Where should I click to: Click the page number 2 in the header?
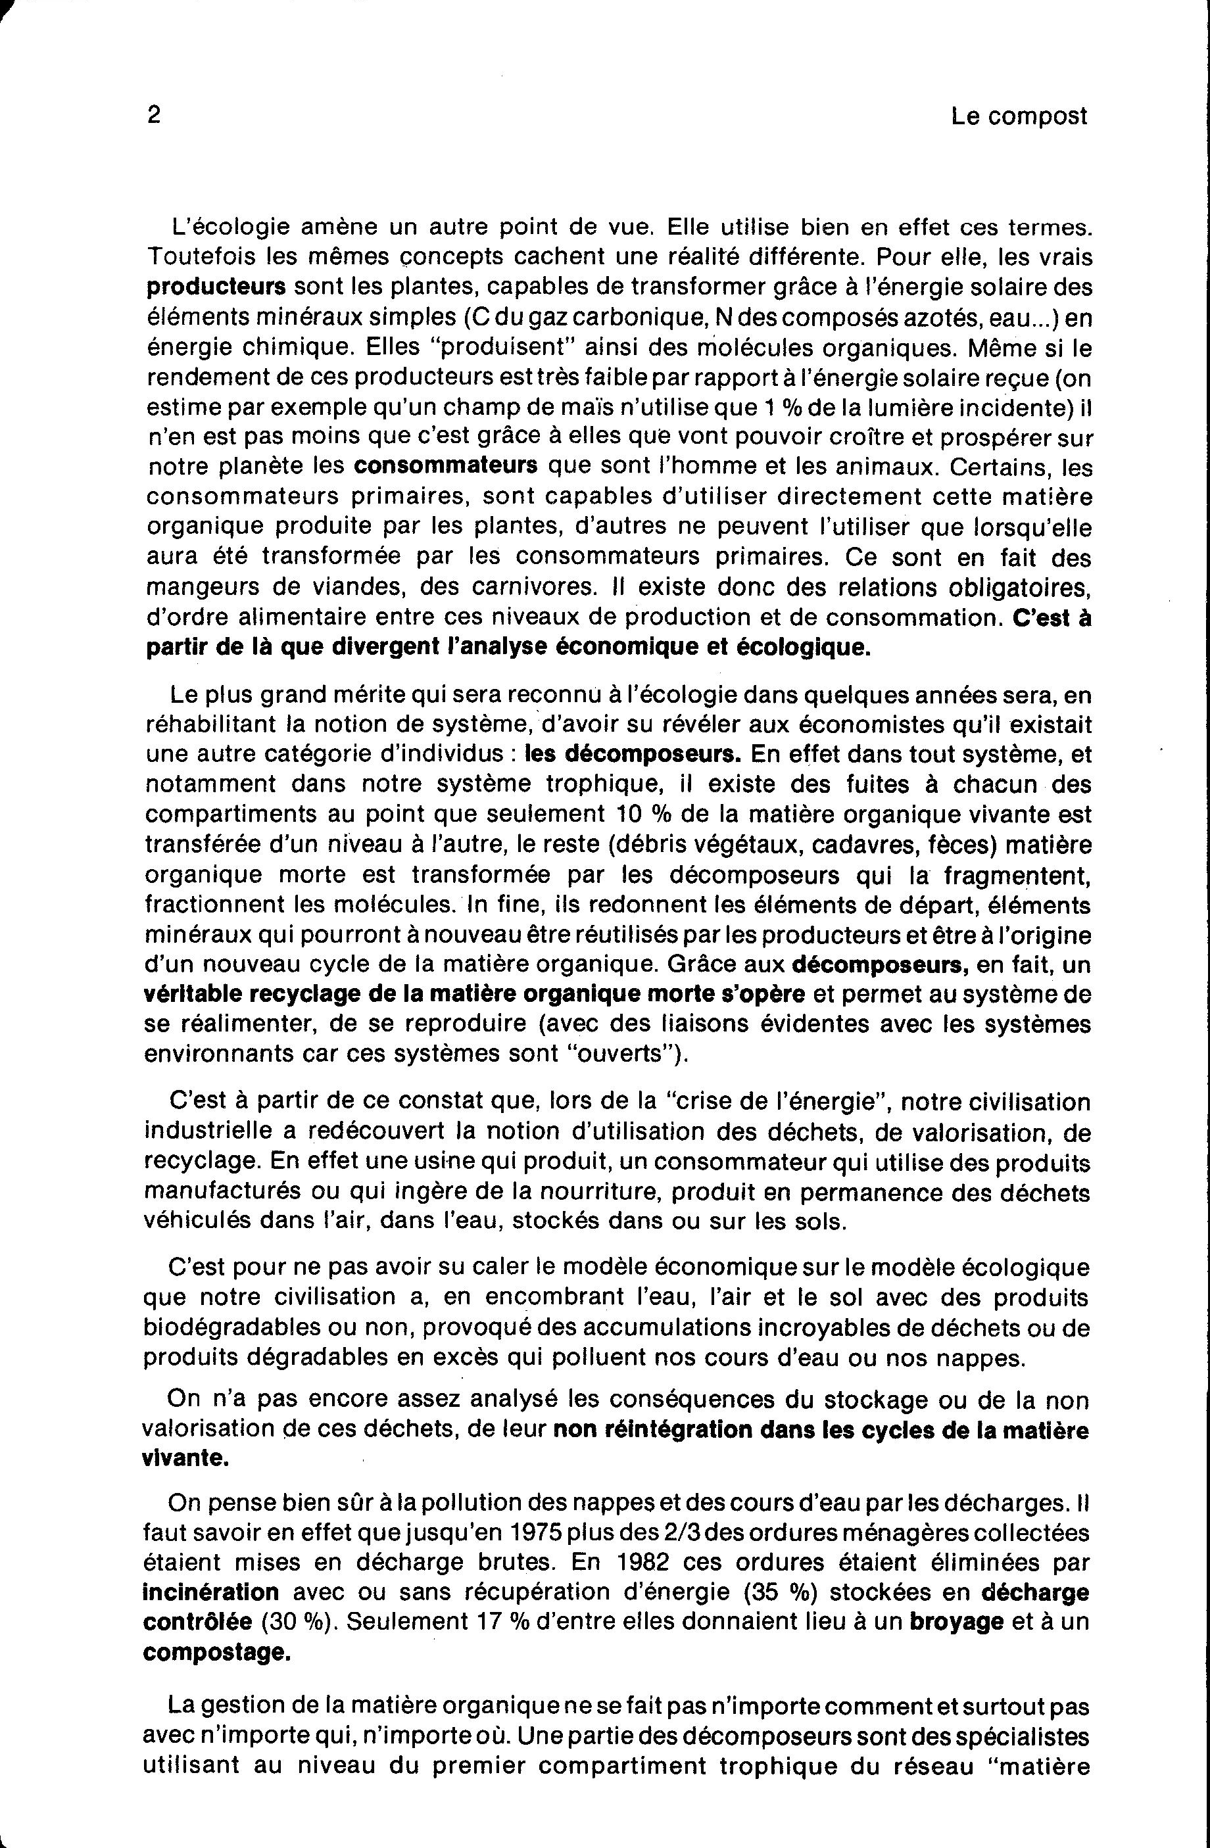[x=153, y=116]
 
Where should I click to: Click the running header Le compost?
[x=1019, y=117]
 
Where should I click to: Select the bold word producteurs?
[x=216, y=287]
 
